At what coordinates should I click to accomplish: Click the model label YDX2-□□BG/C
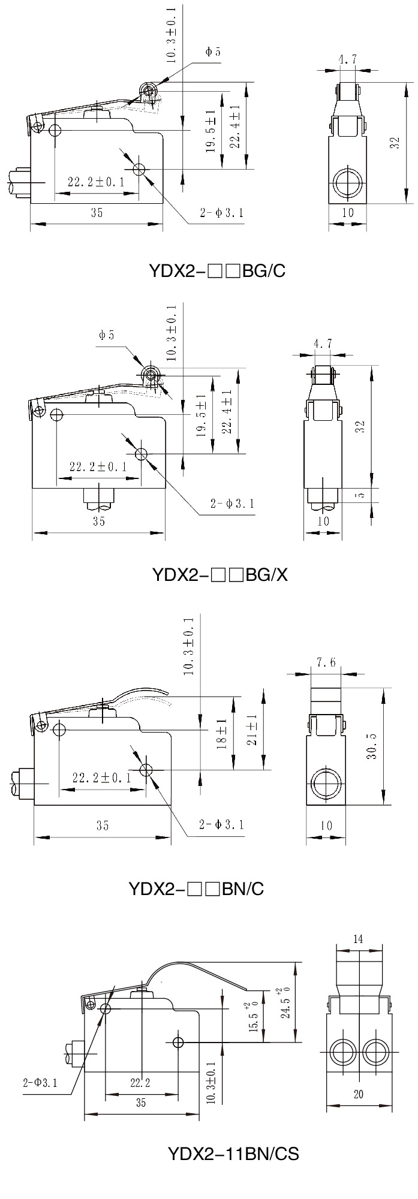pyautogui.click(x=216, y=271)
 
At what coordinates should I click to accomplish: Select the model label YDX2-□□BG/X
pyautogui.click(x=220, y=575)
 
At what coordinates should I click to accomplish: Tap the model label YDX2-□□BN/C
pyautogui.click(x=196, y=888)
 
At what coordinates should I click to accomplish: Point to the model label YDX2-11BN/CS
pyautogui.click(x=233, y=1153)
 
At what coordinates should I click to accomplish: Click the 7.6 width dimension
pyautogui.click(x=326, y=662)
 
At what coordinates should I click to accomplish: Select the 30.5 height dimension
pyautogui.click(x=372, y=746)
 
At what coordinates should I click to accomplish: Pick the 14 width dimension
pyautogui.click(x=358, y=939)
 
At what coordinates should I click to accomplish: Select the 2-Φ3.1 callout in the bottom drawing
pyautogui.click(x=40, y=1065)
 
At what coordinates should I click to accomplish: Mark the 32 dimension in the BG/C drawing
pyautogui.click(x=394, y=143)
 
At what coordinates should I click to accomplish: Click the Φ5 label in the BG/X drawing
pyautogui.click(x=107, y=335)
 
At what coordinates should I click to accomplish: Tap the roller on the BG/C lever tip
pyautogui.click(x=148, y=91)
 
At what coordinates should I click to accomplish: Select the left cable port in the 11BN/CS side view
pyautogui.click(x=342, y=1034)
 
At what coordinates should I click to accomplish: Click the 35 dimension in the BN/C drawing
pyautogui.click(x=103, y=826)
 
